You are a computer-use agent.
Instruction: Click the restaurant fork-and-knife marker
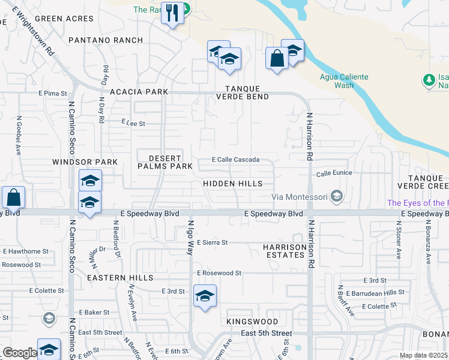[x=172, y=13]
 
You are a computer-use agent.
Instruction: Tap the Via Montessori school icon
[x=337, y=196]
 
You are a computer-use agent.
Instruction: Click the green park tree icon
[x=429, y=80]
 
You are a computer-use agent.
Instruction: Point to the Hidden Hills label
[x=233, y=183]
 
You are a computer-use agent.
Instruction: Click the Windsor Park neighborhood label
[x=85, y=162]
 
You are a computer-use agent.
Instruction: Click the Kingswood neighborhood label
[x=252, y=322]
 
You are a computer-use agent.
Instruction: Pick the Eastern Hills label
[x=120, y=278]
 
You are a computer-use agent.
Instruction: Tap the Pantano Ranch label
[x=106, y=40]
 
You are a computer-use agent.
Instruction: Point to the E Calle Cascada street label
[x=236, y=160]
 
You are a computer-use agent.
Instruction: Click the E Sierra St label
[x=212, y=242]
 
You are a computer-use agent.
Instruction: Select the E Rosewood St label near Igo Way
[x=219, y=273]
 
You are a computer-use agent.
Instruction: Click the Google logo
[x=20, y=353]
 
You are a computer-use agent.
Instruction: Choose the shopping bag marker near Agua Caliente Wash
[x=276, y=59]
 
